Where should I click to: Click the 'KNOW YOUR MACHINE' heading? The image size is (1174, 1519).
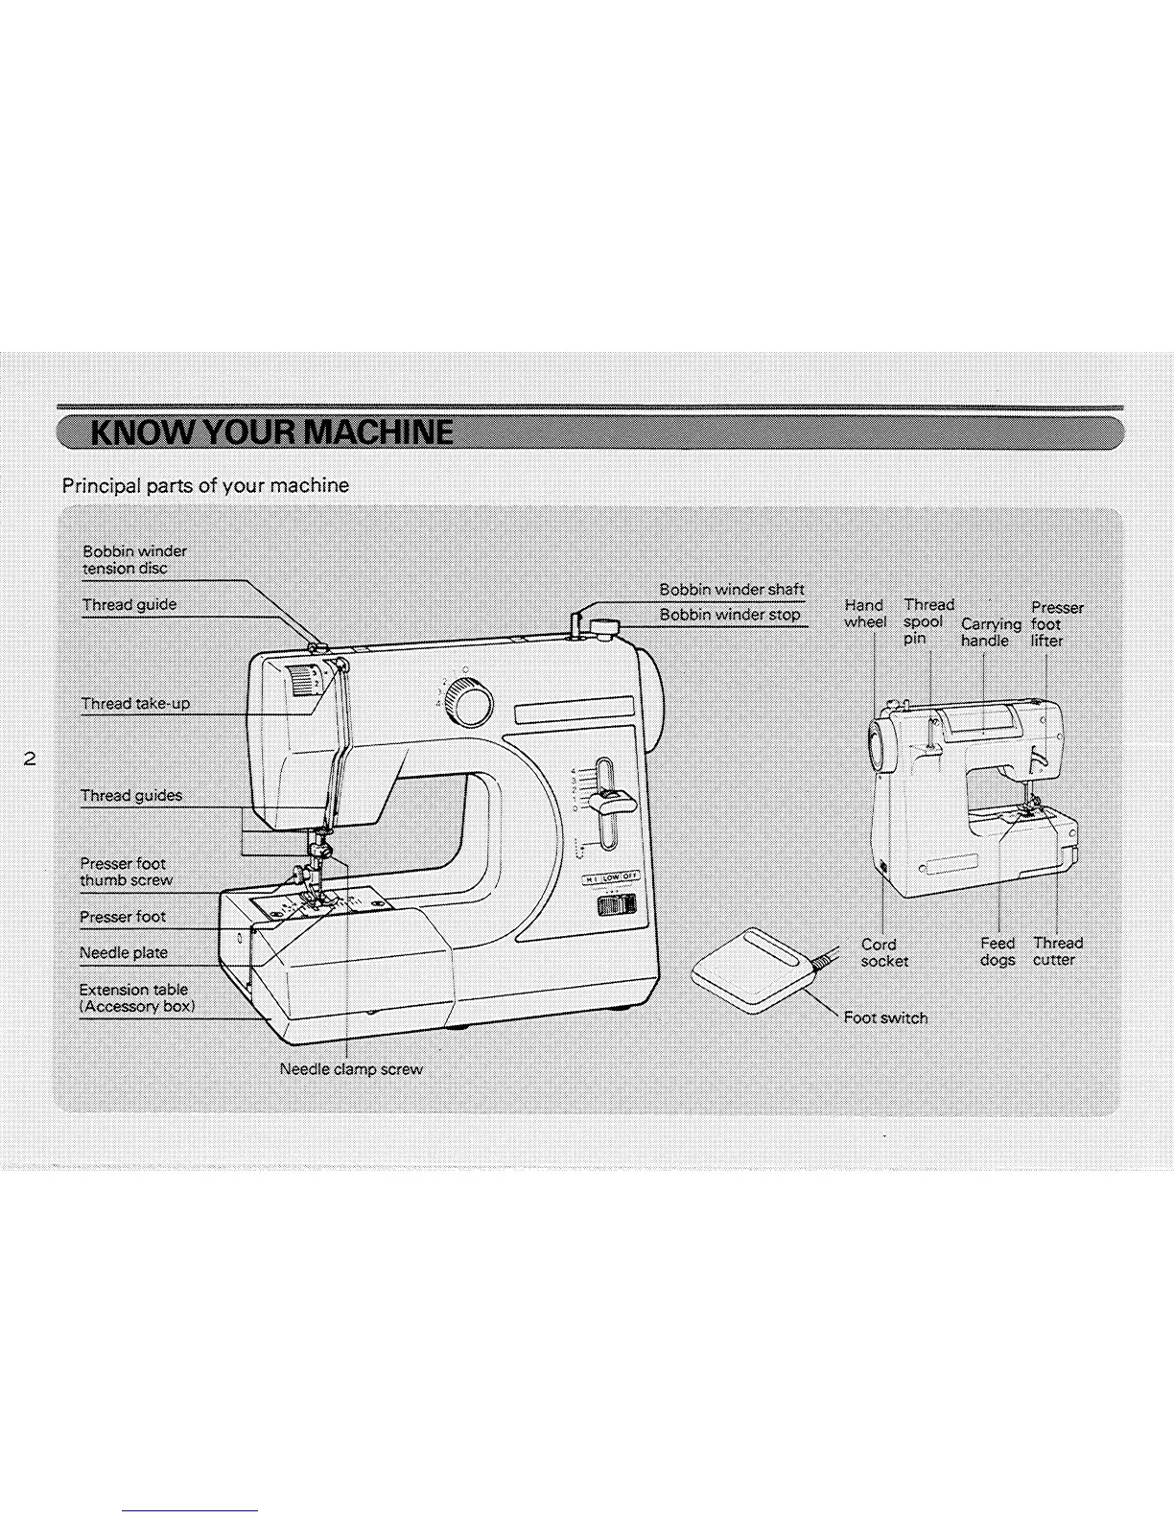(271, 433)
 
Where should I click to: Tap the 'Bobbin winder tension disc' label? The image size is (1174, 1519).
(134, 560)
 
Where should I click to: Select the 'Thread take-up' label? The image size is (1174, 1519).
(135, 703)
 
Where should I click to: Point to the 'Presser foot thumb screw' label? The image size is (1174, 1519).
(126, 872)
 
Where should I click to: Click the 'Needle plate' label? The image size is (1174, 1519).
(123, 952)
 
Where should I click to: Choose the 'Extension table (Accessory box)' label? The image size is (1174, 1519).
(136, 997)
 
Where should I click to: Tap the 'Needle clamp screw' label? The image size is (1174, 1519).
(350, 1068)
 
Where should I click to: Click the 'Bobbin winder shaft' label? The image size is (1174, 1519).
(731, 589)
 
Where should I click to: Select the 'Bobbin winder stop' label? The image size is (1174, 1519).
(729, 615)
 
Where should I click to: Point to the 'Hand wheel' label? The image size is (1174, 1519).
(864, 613)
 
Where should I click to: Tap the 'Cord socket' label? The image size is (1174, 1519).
(883, 952)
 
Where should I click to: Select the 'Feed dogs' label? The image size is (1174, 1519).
(998, 951)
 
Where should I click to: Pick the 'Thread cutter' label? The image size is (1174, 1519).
(1056, 951)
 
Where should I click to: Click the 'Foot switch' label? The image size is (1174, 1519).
(885, 1017)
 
